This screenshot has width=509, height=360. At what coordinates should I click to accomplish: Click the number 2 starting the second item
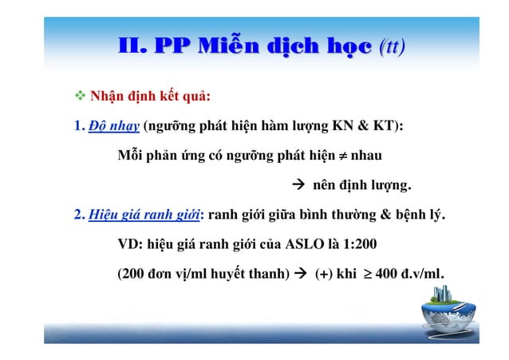[77, 216]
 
